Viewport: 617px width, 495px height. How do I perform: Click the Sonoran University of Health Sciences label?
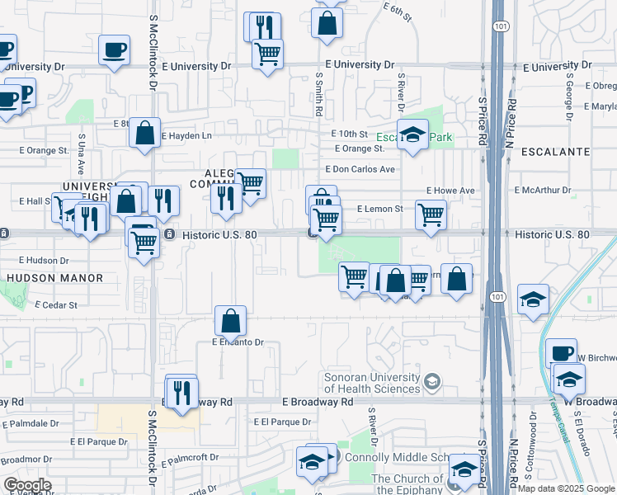pos(372,382)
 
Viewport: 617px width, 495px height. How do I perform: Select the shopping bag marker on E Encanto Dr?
pos(232,321)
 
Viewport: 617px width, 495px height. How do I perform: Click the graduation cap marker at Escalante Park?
pos(412,135)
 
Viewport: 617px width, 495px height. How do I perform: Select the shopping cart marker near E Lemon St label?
pos(431,215)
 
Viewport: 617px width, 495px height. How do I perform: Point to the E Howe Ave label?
pos(450,191)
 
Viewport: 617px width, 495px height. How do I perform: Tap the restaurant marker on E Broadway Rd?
pos(181,392)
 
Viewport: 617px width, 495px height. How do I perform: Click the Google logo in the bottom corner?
pos(27,485)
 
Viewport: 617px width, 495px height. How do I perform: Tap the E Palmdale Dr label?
pos(31,423)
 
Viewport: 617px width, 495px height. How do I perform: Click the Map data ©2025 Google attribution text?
pos(565,488)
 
